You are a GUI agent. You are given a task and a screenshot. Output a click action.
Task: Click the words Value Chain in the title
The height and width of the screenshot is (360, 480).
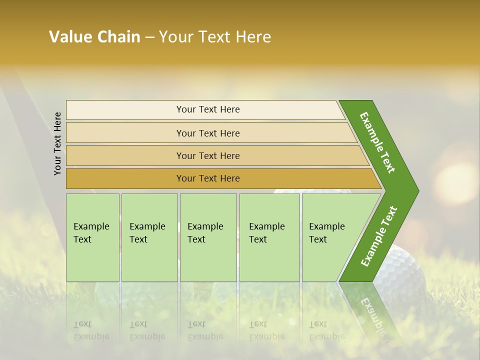94,37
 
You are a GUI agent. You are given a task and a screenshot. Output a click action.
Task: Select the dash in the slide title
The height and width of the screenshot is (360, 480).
149,37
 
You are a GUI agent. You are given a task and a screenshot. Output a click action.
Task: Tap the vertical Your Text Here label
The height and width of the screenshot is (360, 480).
57,143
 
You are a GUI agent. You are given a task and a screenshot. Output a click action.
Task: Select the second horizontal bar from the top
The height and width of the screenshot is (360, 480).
207,133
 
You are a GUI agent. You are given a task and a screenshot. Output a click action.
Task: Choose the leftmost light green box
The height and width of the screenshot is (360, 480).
92,237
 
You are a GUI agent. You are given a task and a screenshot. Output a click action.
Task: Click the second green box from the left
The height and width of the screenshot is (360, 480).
149,237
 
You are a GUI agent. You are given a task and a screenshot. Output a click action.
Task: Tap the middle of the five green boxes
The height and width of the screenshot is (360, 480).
208,237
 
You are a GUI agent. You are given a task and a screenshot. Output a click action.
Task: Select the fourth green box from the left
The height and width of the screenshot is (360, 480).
269,237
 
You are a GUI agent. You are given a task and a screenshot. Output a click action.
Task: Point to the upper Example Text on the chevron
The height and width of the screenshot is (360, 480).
377,142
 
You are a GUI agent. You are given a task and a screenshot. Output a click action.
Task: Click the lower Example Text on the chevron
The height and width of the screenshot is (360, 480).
379,236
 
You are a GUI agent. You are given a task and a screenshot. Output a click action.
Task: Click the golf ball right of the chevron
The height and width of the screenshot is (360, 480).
400,272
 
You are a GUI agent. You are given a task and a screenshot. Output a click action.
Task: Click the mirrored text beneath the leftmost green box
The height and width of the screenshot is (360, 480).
91,330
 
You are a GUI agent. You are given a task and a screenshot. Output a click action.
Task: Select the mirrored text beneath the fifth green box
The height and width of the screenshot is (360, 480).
326,330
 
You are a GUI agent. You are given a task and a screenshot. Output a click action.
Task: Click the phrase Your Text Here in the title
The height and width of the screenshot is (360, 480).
215,37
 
